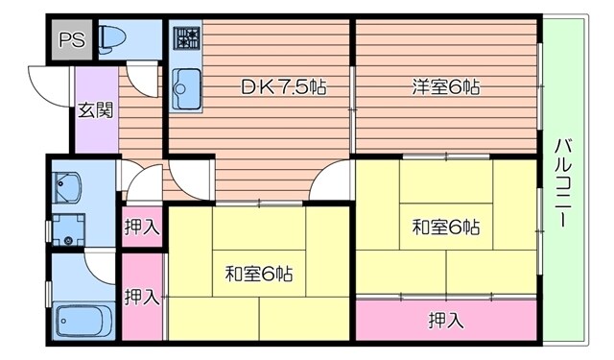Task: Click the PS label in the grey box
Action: pos(71,40)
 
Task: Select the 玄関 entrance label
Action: pos(95,109)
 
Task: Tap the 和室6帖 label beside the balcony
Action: pos(445,228)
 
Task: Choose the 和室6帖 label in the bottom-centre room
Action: pos(260,274)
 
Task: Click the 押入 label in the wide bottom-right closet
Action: pos(446,320)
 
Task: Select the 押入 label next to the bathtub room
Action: pos(141,297)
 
